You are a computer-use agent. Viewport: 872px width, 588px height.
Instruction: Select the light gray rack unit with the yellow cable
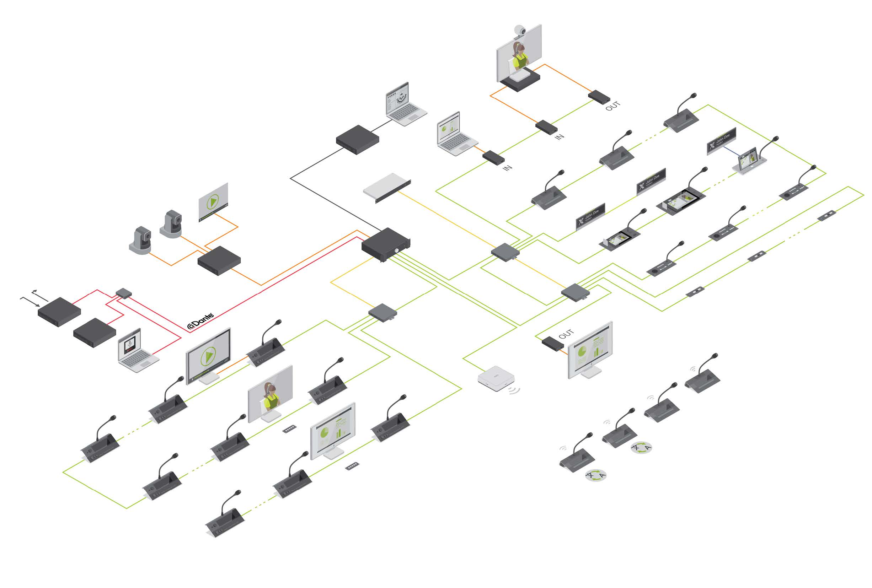tap(386, 187)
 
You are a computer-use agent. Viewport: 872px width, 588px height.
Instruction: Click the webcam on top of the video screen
tap(520, 30)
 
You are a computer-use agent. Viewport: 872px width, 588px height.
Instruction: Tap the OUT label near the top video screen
tap(612, 106)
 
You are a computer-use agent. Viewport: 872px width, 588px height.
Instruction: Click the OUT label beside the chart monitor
tap(566, 333)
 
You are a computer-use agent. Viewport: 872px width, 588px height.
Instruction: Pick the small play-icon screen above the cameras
tap(213, 202)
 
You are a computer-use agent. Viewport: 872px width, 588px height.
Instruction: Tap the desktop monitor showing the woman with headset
tap(270, 393)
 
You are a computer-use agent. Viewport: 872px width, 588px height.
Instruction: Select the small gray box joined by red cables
tap(123, 292)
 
